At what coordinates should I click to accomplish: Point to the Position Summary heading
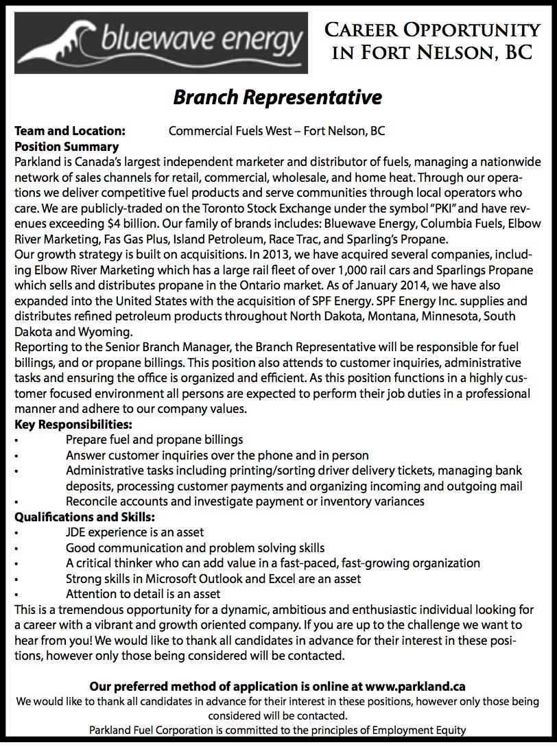(67, 146)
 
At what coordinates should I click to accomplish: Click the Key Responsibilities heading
(73, 424)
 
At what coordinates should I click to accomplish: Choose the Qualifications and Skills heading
(84, 516)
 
